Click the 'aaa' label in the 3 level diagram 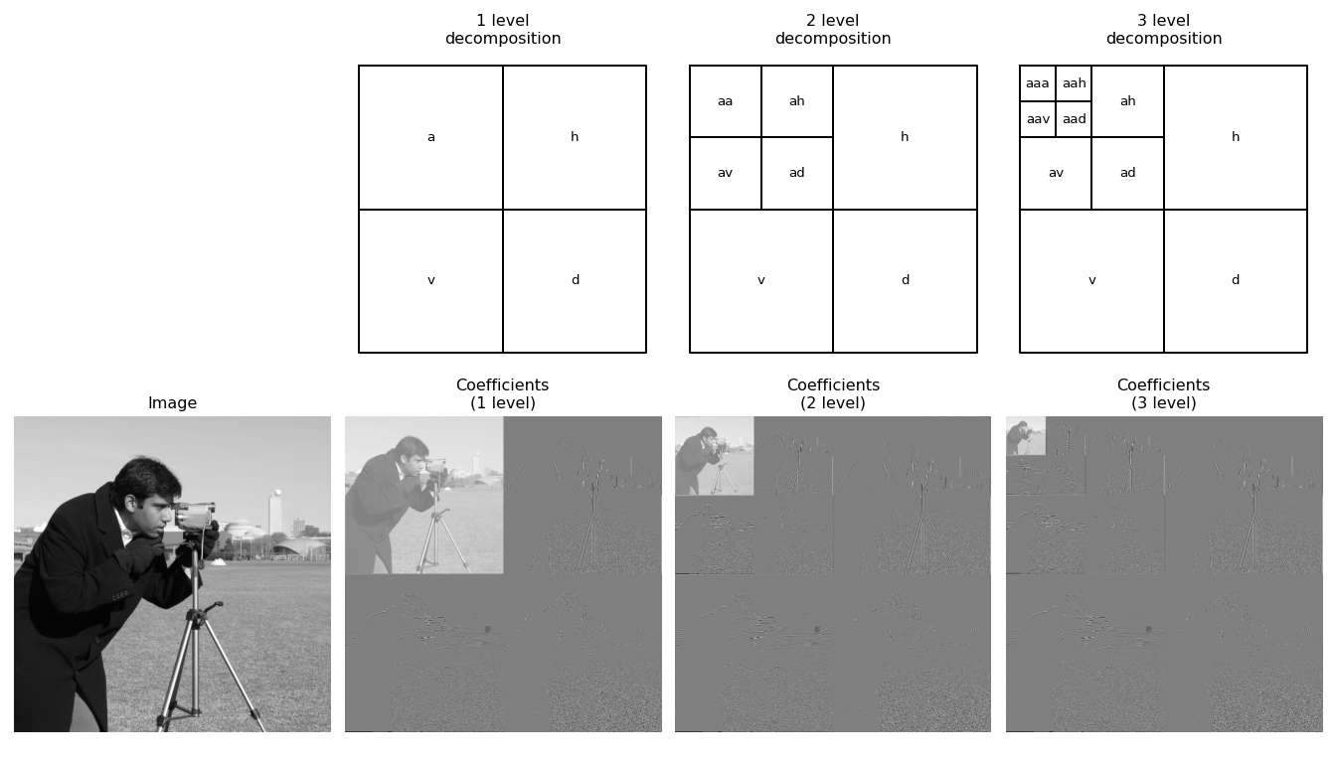click(1037, 83)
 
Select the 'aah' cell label click(1075, 83)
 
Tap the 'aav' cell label click(1038, 119)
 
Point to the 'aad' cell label click(1075, 119)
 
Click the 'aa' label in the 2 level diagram click(726, 101)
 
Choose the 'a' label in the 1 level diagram click(431, 137)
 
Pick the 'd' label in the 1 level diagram click(575, 279)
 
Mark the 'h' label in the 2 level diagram click(905, 136)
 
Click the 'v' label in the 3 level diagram click(1092, 280)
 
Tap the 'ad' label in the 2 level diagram click(797, 172)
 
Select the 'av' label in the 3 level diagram click(1056, 173)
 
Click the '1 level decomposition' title click(503, 29)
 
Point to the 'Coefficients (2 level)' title click(833, 394)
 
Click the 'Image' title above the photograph click(172, 403)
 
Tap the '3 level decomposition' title click(1164, 29)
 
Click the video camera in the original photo click(195, 517)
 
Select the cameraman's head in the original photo click(147, 491)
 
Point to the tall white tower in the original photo click(275, 513)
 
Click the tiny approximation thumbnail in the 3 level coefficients click(1025, 436)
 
